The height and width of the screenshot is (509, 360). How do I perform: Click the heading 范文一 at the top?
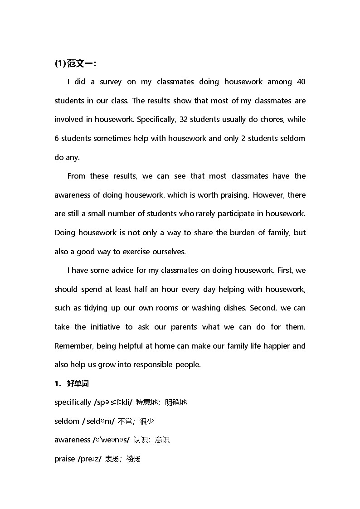coord(81,63)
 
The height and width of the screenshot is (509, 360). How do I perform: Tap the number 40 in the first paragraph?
coord(301,82)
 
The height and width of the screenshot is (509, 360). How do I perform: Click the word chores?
coord(271,120)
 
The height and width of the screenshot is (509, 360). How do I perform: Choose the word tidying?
coord(95,308)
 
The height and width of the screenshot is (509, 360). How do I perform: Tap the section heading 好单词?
coord(78,384)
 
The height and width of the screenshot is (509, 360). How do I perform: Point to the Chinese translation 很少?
coord(147,422)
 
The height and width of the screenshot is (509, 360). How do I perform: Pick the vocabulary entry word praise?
coord(64,459)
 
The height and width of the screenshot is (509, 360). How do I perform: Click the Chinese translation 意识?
coord(162,440)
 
